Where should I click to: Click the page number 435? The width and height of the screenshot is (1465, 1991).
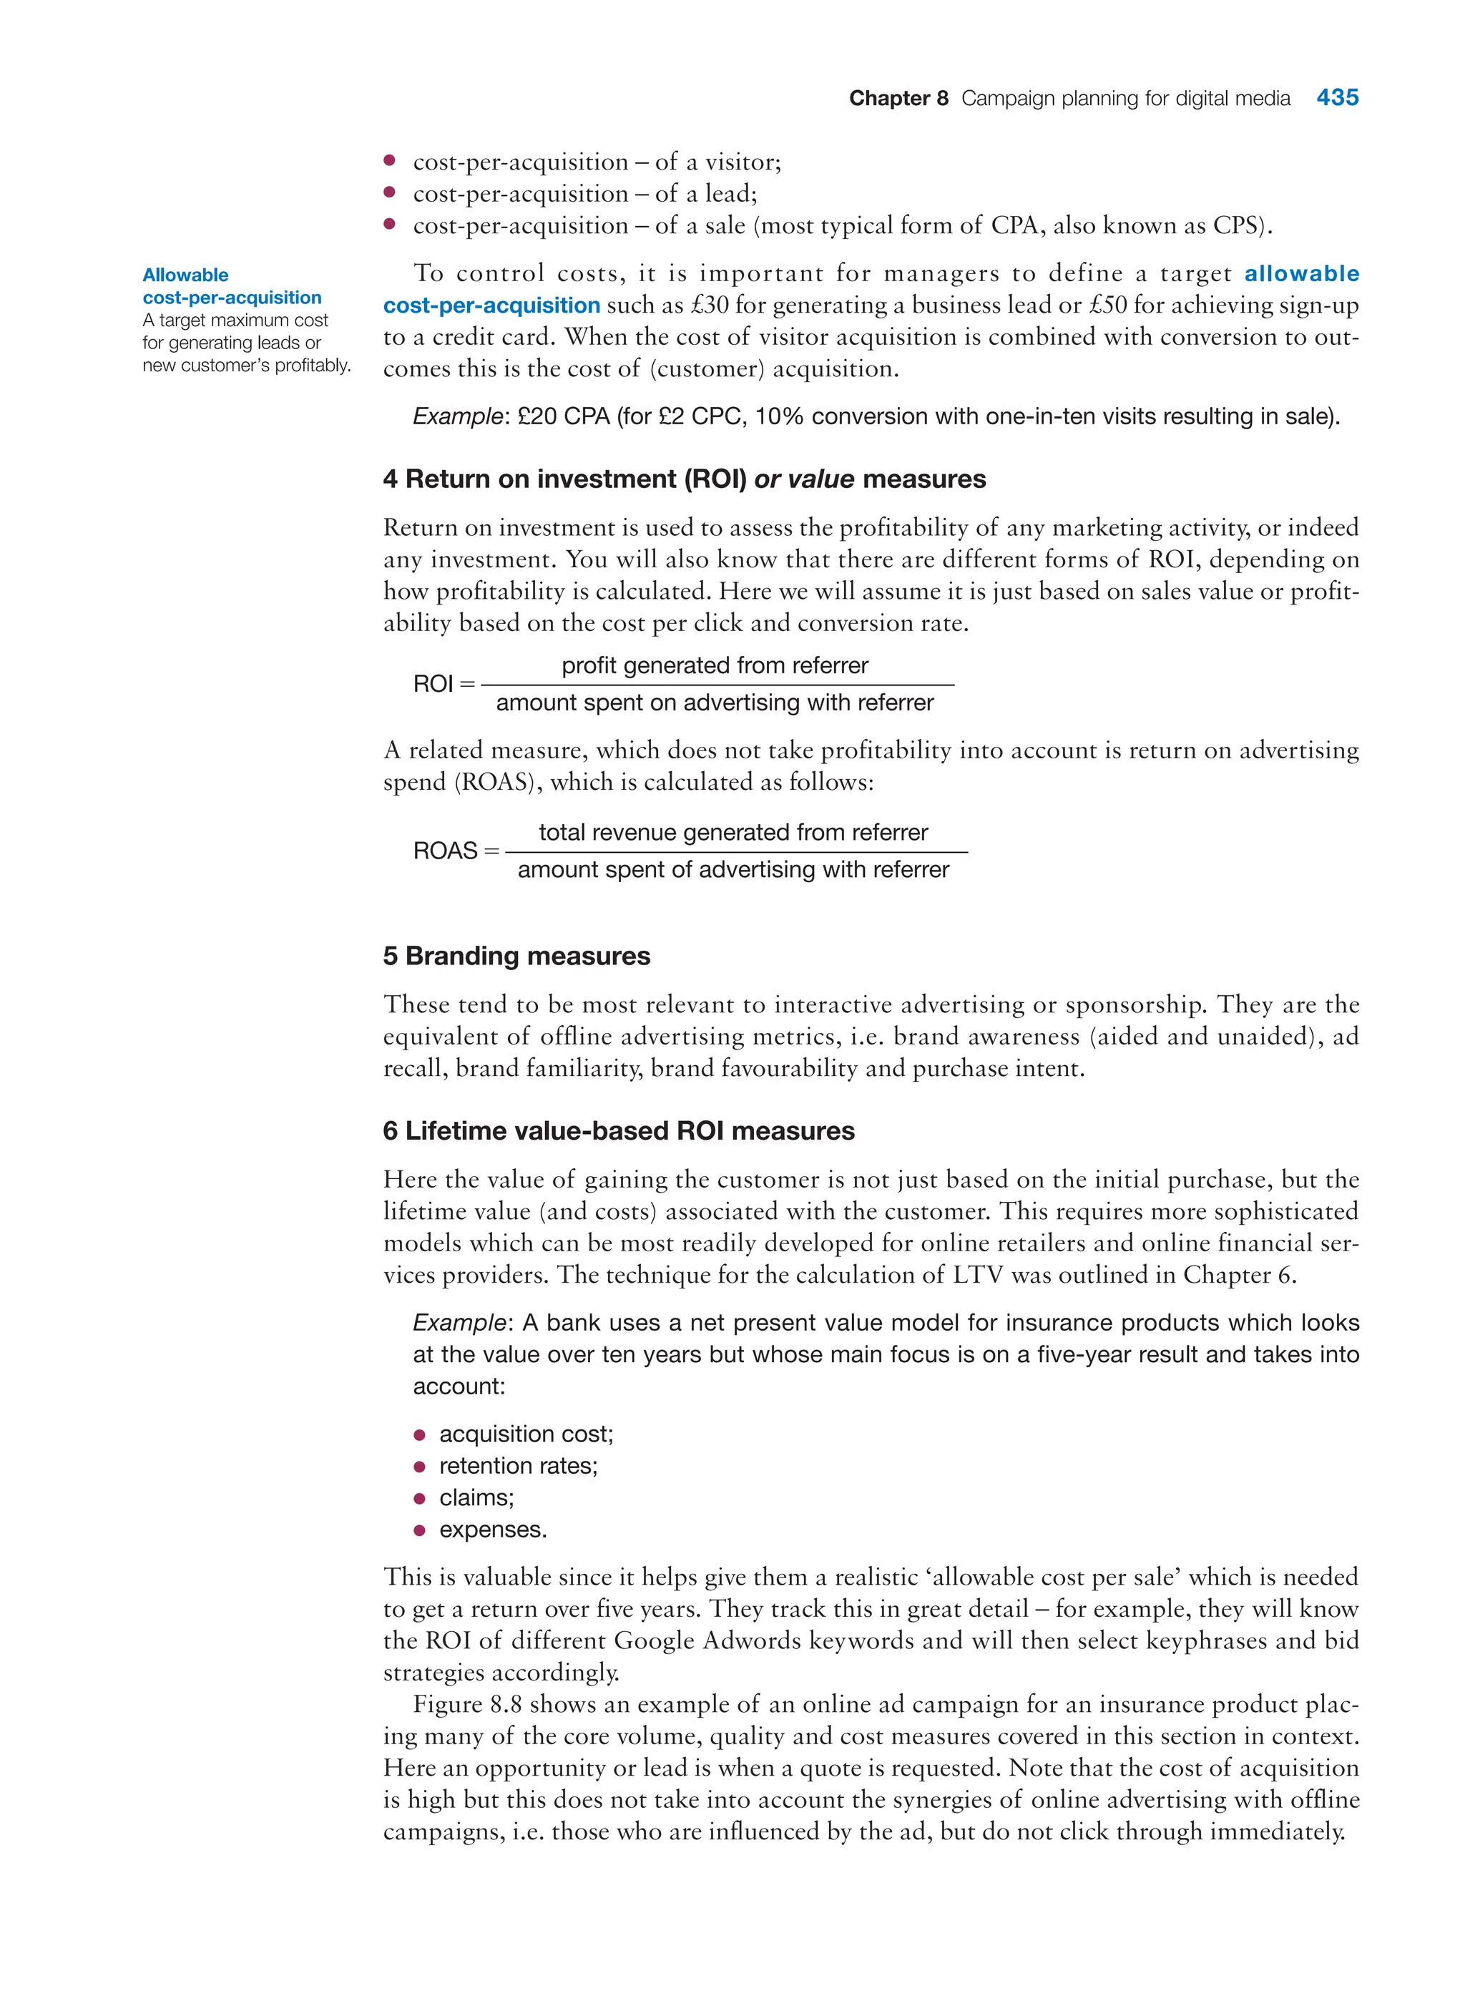pyautogui.click(x=1336, y=97)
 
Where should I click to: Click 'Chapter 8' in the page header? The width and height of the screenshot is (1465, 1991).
pyautogui.click(x=898, y=99)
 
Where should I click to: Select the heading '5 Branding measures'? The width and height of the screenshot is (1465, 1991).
pyautogui.click(x=516, y=956)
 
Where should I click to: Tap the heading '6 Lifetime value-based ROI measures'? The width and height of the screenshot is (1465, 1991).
pyautogui.click(x=618, y=1131)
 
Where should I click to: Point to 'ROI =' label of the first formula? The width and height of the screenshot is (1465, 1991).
pyautogui.click(x=443, y=684)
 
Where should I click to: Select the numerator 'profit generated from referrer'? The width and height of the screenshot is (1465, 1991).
pyautogui.click(x=714, y=665)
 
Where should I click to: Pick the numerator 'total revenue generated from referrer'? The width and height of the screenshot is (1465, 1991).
pyautogui.click(x=732, y=832)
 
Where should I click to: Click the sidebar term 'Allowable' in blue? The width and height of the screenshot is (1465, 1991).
pyautogui.click(x=185, y=275)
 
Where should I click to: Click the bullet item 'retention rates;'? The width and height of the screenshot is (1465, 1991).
pyautogui.click(x=518, y=1466)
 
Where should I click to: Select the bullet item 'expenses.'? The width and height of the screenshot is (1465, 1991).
pyautogui.click(x=493, y=1530)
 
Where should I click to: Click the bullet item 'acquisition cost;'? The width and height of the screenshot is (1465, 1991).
pyautogui.click(x=526, y=1434)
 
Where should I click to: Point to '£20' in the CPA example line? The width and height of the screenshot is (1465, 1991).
pyautogui.click(x=537, y=417)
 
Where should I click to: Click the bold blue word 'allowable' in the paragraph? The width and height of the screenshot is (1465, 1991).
pyautogui.click(x=1301, y=273)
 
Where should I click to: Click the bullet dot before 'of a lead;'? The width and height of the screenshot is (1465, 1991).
pyautogui.click(x=388, y=192)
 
